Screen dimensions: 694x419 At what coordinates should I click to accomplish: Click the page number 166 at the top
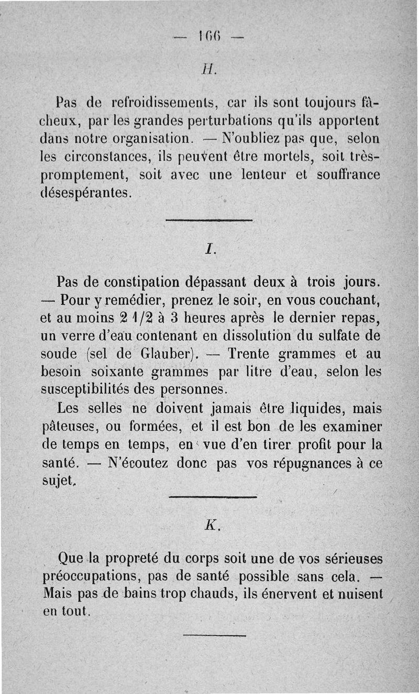[x=209, y=37]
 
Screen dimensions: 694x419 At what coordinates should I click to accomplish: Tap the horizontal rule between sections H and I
[x=209, y=221]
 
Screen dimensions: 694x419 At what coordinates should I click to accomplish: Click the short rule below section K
[x=214, y=635]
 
